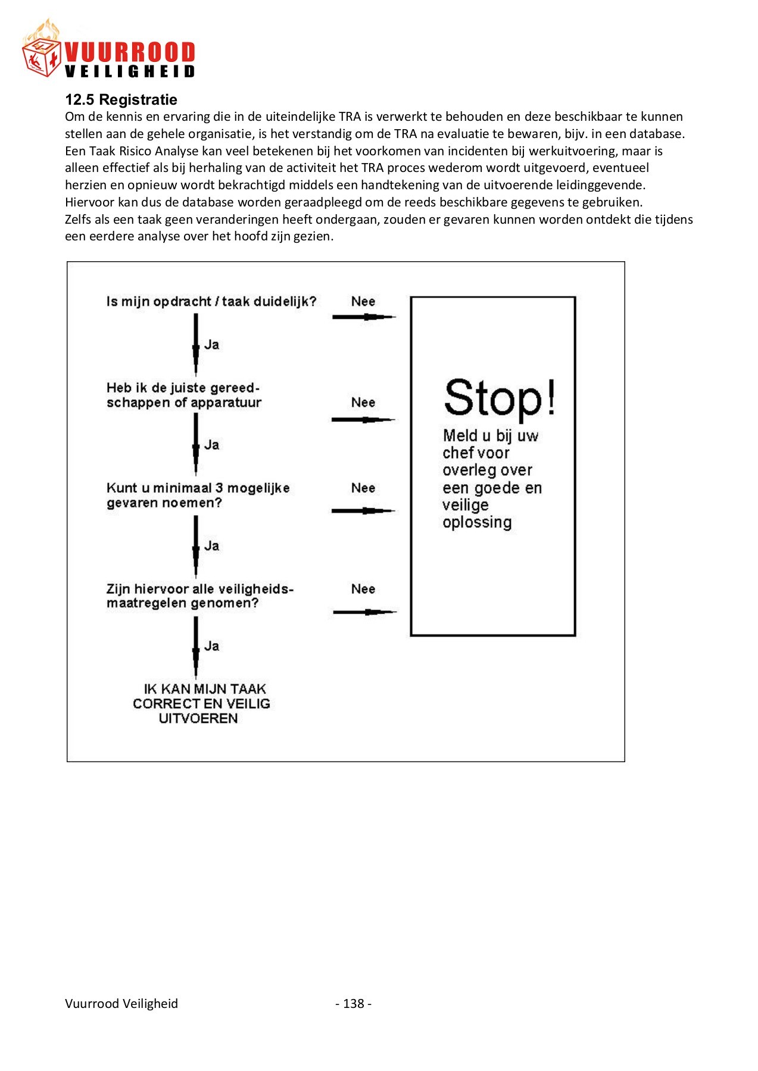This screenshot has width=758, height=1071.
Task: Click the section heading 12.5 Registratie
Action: tap(121, 99)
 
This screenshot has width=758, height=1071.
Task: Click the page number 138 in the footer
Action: tap(354, 1004)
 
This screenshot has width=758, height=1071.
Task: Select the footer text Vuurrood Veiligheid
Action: tap(121, 1004)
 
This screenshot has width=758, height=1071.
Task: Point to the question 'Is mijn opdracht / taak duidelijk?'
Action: tap(211, 302)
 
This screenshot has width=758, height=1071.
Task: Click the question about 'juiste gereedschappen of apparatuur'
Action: tap(183, 395)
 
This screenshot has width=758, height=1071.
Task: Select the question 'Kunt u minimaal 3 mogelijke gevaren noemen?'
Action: tap(198, 495)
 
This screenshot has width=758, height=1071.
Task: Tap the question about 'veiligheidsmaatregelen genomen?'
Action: tap(199, 596)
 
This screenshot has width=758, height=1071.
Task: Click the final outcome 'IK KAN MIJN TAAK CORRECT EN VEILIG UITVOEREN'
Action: tap(201, 703)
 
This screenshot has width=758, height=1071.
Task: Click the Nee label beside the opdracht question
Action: tap(363, 302)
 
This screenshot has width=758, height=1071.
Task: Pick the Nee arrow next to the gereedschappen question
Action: tap(363, 419)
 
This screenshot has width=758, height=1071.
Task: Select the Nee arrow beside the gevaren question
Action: tap(363, 511)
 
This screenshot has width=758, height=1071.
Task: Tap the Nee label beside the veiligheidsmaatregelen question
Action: tap(363, 589)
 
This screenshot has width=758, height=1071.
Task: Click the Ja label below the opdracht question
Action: tap(212, 345)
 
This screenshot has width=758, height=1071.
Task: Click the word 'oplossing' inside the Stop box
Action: tap(477, 522)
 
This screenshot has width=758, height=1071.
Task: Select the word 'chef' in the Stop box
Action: tap(457, 453)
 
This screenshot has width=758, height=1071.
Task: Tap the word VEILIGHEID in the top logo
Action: tap(129, 71)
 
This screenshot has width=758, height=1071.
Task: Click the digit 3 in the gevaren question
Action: tap(219, 488)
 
